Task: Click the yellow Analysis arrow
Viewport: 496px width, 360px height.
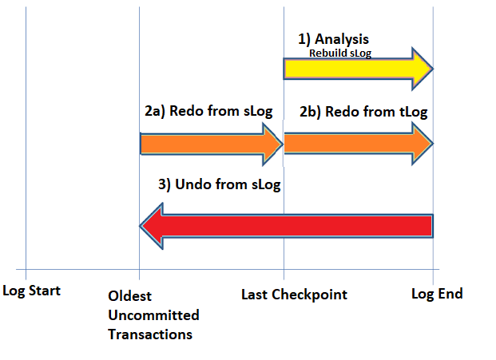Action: point(358,69)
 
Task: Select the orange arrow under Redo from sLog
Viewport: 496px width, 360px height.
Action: point(212,144)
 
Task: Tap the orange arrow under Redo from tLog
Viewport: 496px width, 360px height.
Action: point(359,144)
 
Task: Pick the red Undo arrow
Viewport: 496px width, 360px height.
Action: point(286,226)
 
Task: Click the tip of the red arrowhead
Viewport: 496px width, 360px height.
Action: point(140,226)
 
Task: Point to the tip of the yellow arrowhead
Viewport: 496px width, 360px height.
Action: point(434,69)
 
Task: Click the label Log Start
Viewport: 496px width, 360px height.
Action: point(31,291)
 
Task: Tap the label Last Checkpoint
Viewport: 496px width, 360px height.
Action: point(294,295)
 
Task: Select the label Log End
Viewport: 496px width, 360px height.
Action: point(437,294)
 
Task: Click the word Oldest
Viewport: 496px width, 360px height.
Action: point(129,296)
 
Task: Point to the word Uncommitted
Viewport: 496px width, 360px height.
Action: point(153,315)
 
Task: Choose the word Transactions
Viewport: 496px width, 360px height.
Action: point(150,334)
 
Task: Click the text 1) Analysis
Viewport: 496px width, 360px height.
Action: point(333,39)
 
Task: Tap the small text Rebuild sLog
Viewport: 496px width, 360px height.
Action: point(340,53)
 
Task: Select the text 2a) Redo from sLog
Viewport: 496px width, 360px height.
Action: point(208,111)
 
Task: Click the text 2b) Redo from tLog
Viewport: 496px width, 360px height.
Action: point(363,112)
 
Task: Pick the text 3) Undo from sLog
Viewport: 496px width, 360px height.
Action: point(220,184)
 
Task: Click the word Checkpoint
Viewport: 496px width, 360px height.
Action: point(309,295)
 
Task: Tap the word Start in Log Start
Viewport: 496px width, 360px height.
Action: point(44,291)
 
